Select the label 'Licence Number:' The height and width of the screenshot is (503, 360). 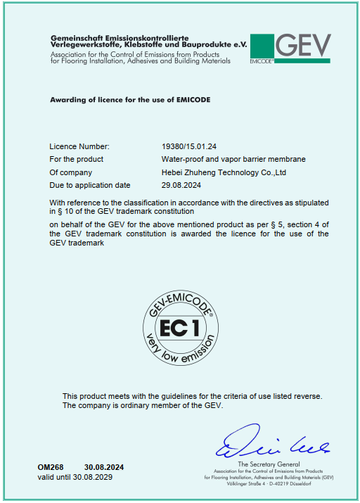(x=79, y=146)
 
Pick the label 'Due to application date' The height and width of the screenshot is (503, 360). (x=90, y=185)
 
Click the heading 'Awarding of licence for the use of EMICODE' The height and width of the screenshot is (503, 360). (x=130, y=100)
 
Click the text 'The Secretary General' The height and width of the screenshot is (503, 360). (x=269, y=464)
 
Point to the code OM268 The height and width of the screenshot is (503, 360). (x=51, y=467)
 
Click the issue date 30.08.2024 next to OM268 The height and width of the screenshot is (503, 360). (x=104, y=467)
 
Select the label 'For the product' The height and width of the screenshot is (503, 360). (x=77, y=160)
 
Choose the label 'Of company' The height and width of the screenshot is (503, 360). (x=71, y=172)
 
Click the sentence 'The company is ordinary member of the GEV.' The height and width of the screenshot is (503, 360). (x=143, y=406)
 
